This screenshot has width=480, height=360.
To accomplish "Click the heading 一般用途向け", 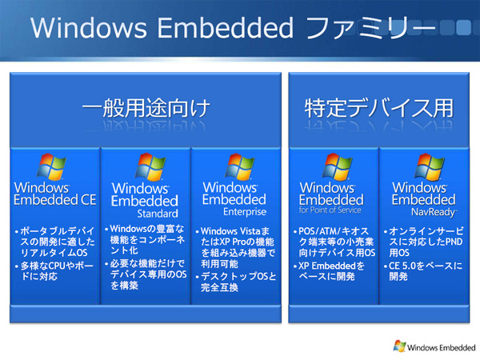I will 144,108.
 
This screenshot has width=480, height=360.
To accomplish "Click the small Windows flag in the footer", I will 398,346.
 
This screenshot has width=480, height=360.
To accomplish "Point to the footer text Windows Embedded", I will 440,346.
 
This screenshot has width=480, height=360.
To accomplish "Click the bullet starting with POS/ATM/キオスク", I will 330,246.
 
